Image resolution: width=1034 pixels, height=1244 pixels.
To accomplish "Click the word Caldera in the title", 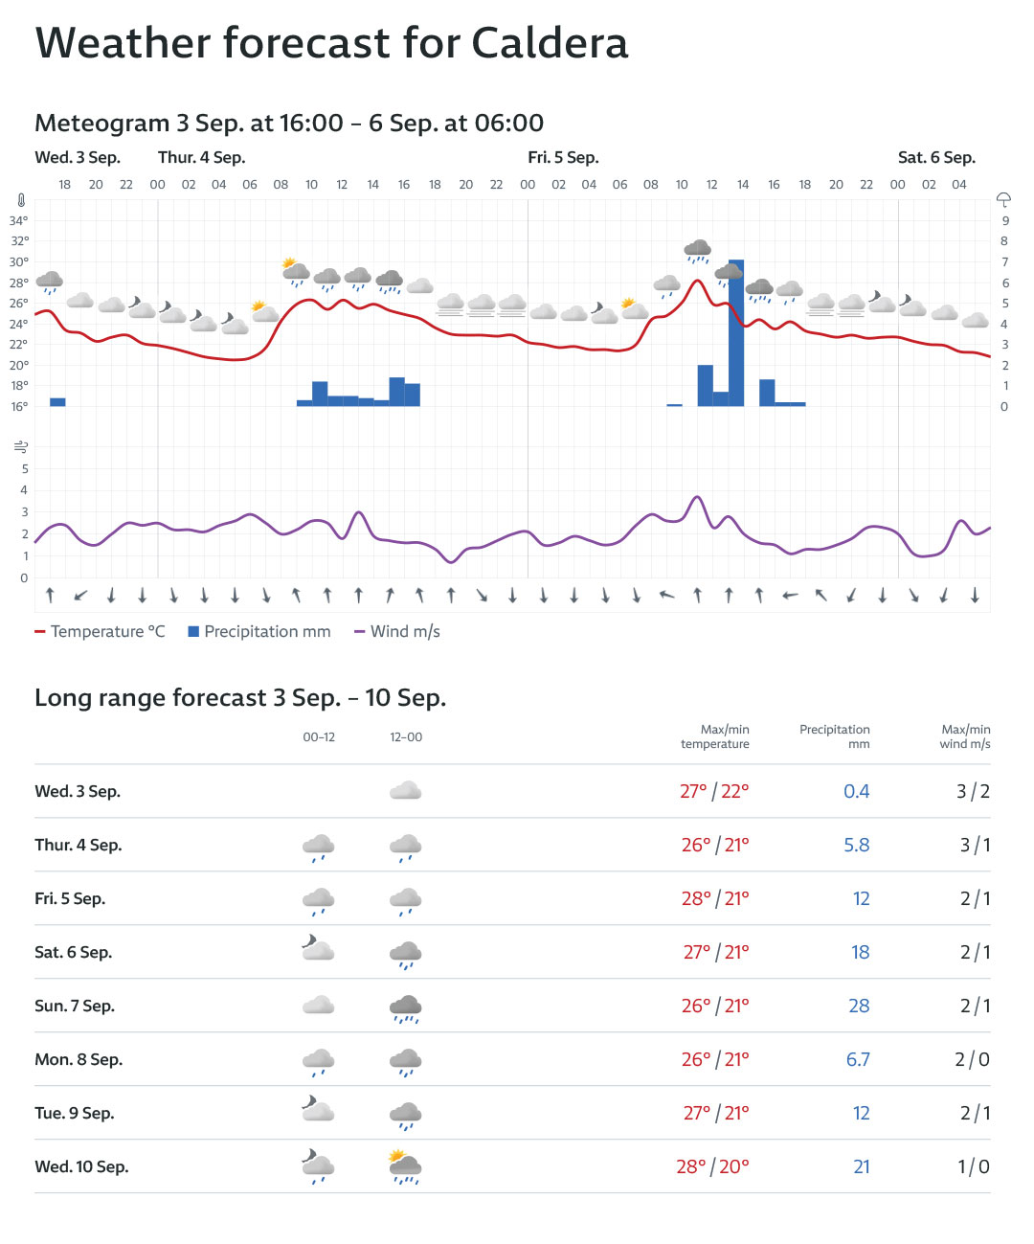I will click(x=550, y=43).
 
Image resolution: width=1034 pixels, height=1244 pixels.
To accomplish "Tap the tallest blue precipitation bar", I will click(x=736, y=333).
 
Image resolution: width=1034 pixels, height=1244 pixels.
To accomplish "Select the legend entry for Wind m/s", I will click(x=397, y=632).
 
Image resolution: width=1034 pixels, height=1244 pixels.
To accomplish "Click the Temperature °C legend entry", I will click(x=101, y=632).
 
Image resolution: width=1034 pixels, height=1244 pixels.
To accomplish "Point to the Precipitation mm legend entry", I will click(x=259, y=632).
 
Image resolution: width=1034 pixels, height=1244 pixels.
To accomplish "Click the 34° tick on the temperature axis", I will click(x=19, y=220).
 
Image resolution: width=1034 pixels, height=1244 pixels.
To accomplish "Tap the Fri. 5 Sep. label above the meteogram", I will click(x=563, y=158).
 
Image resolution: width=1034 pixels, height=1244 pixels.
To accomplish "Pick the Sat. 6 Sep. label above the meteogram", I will click(x=936, y=158).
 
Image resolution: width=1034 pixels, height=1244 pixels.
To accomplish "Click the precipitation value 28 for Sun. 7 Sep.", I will click(x=859, y=1007).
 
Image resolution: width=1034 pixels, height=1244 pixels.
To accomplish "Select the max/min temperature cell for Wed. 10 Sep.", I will click(x=712, y=1167).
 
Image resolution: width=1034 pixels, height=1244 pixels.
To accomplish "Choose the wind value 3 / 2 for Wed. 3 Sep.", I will click(x=973, y=792).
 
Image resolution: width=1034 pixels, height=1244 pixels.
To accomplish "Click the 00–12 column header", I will click(x=319, y=737).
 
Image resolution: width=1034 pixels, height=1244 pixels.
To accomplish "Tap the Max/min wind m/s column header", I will click(x=965, y=736).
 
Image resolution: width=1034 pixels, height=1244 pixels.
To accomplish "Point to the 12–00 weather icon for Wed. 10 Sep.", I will click(x=405, y=1167).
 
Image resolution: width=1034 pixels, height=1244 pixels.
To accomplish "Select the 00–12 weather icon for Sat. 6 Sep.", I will click(x=318, y=951).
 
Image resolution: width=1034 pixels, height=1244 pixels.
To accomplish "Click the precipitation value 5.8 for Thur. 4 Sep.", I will click(x=856, y=846).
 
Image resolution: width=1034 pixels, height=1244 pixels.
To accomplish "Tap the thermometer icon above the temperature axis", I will click(x=21, y=201).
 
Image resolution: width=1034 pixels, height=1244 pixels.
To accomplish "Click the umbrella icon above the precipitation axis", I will click(x=1003, y=200).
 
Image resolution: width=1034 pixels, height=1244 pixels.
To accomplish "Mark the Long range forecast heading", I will click(x=240, y=698).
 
